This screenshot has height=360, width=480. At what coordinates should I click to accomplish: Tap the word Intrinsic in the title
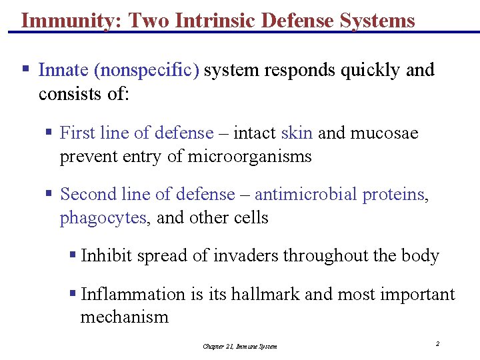pos(209,21)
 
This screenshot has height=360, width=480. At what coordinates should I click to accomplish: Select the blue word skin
pos(297,133)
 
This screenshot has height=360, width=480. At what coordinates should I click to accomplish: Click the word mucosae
pos(385,133)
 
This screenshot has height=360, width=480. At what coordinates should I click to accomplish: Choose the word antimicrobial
pos(306,195)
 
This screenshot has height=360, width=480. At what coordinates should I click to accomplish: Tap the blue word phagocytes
pos(103,218)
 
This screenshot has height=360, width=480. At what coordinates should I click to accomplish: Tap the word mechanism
pos(125,317)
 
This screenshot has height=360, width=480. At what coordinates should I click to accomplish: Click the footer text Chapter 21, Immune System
pos(240,346)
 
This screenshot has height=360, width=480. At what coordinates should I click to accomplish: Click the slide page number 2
pos(437,344)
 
